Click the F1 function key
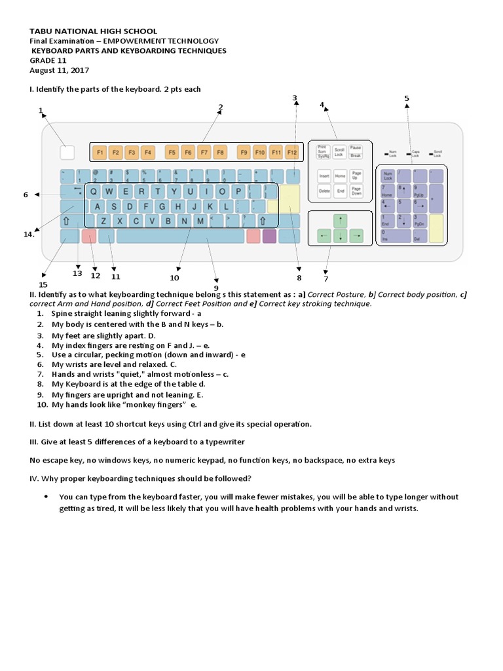[x=100, y=153]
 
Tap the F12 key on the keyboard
[x=291, y=153]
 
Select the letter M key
[x=200, y=221]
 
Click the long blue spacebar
[x=180, y=236]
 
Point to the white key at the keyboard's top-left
[x=67, y=153]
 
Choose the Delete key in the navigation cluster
[x=324, y=192]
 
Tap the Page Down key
[x=356, y=192]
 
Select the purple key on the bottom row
[x=269, y=236]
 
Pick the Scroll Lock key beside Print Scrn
[x=339, y=151]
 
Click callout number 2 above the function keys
[x=221, y=107]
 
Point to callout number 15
[x=43, y=284]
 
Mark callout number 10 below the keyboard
[x=174, y=277]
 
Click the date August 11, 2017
[x=60, y=70]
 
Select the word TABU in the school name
[x=41, y=31]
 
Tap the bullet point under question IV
[x=45, y=497]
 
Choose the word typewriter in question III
[x=222, y=442]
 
